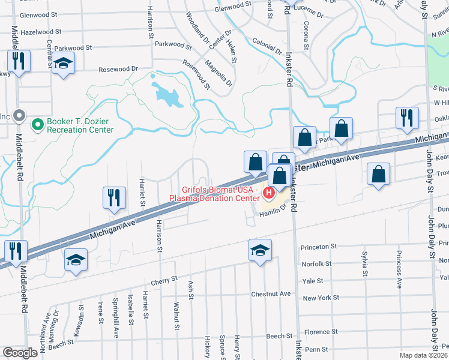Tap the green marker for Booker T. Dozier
pyautogui.click(x=37, y=125)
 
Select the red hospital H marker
pyautogui.click(x=269, y=193)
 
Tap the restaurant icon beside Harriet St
pyautogui.click(x=114, y=197)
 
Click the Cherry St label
pyautogui.click(x=165, y=279)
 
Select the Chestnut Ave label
pyautogui.click(x=271, y=294)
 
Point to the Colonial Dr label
pyautogui.click(x=267, y=47)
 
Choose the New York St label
pyautogui.click(x=321, y=298)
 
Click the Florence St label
pyautogui.click(x=321, y=332)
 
